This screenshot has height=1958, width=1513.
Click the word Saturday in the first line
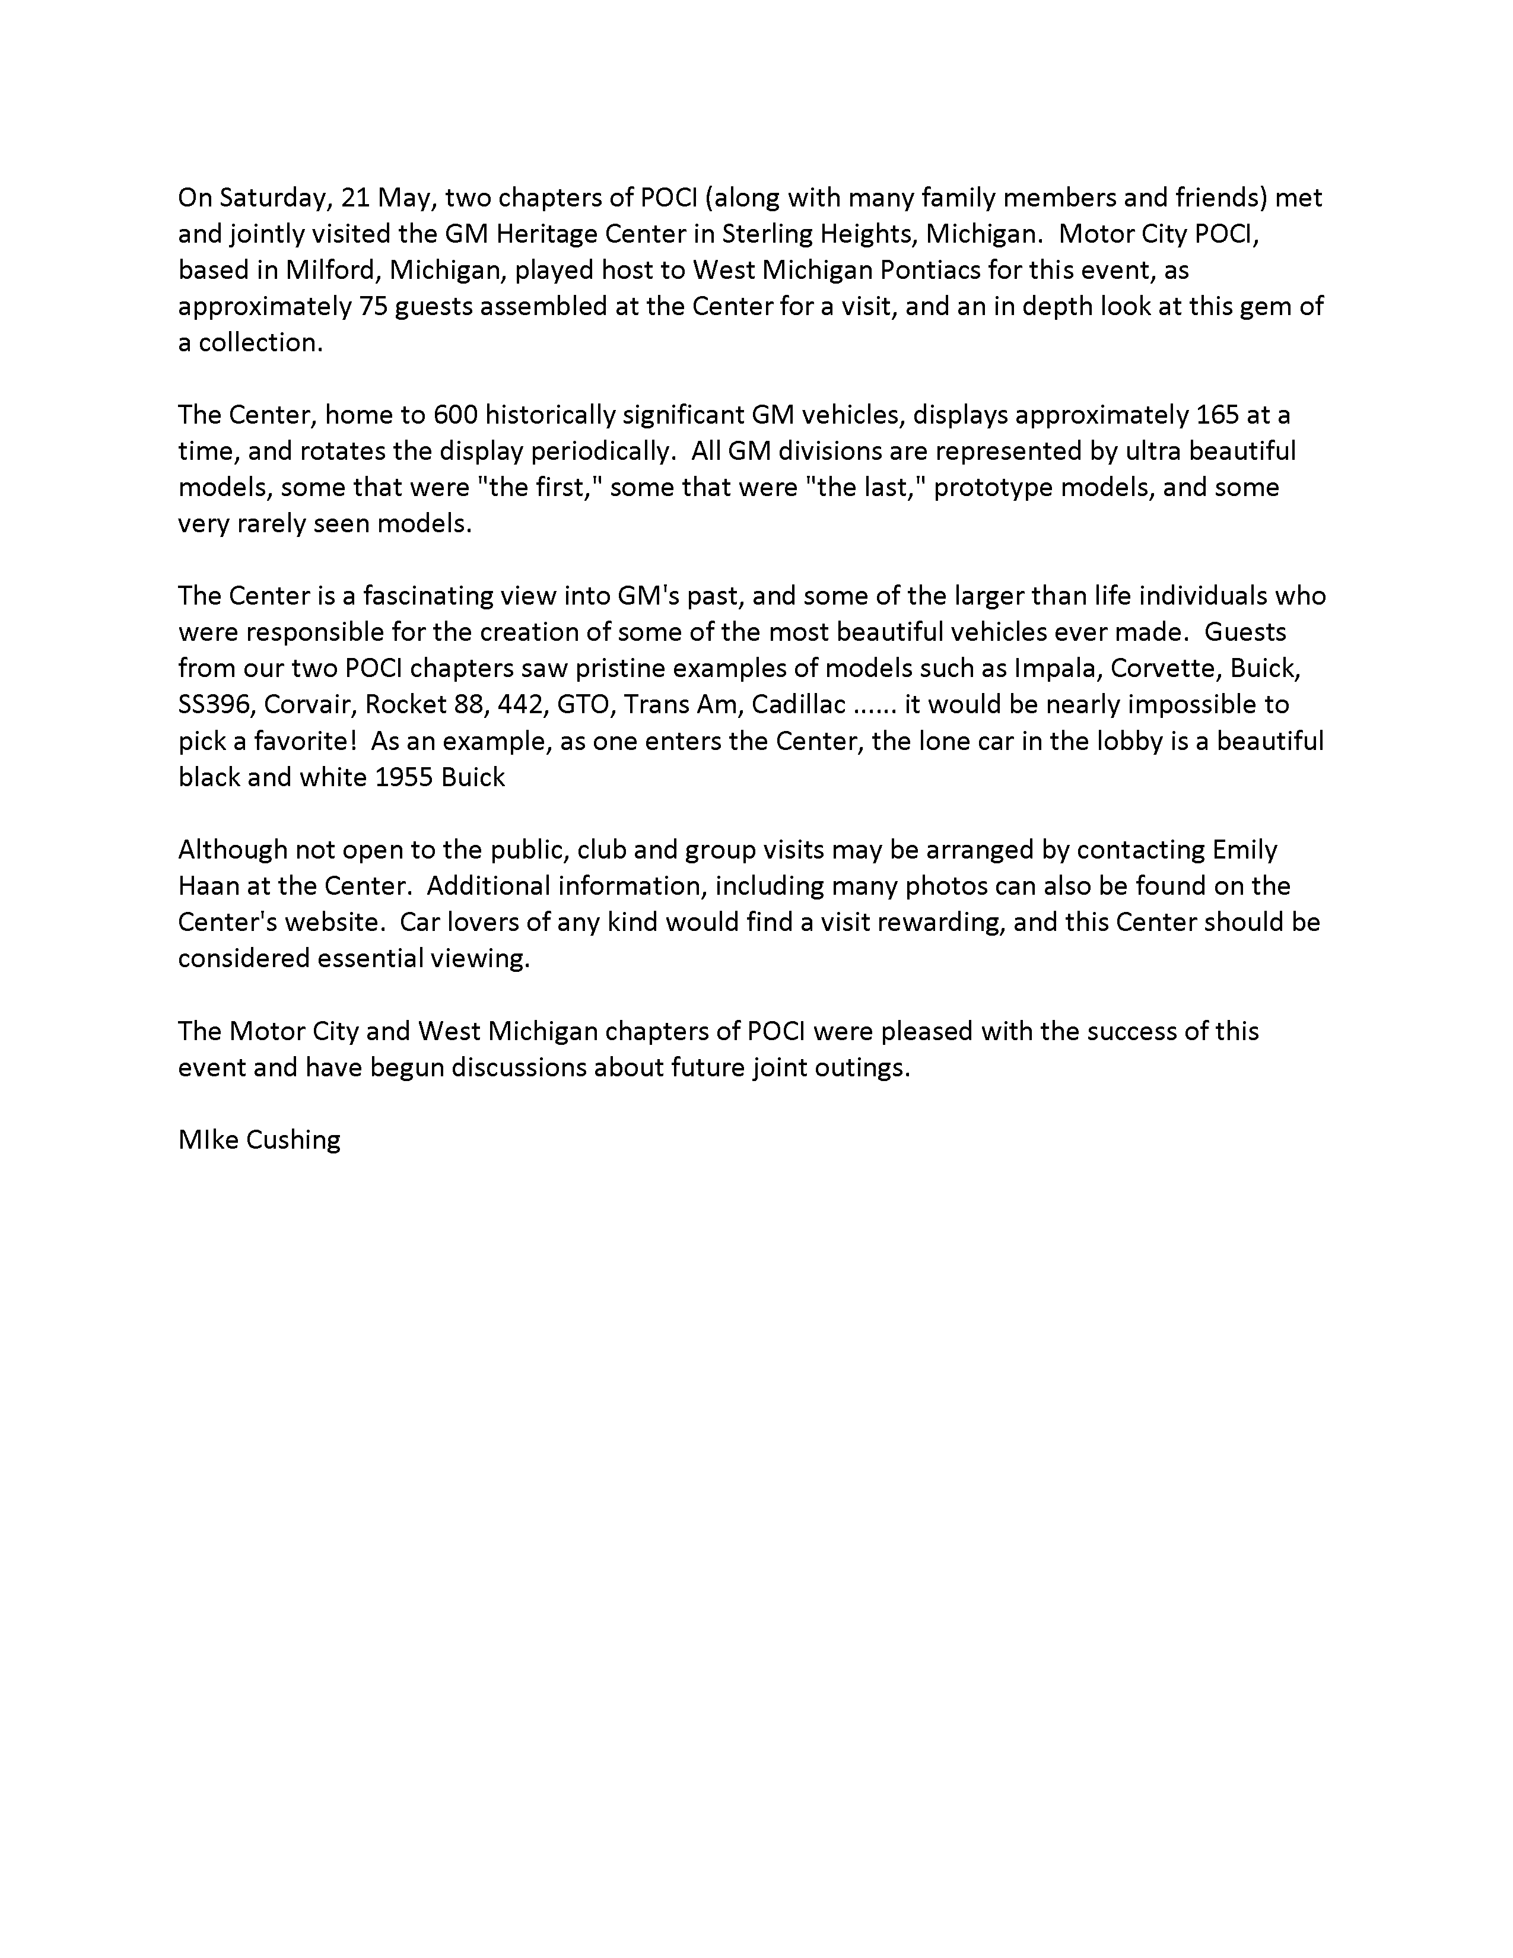(274, 197)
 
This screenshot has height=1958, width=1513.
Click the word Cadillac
(797, 705)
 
